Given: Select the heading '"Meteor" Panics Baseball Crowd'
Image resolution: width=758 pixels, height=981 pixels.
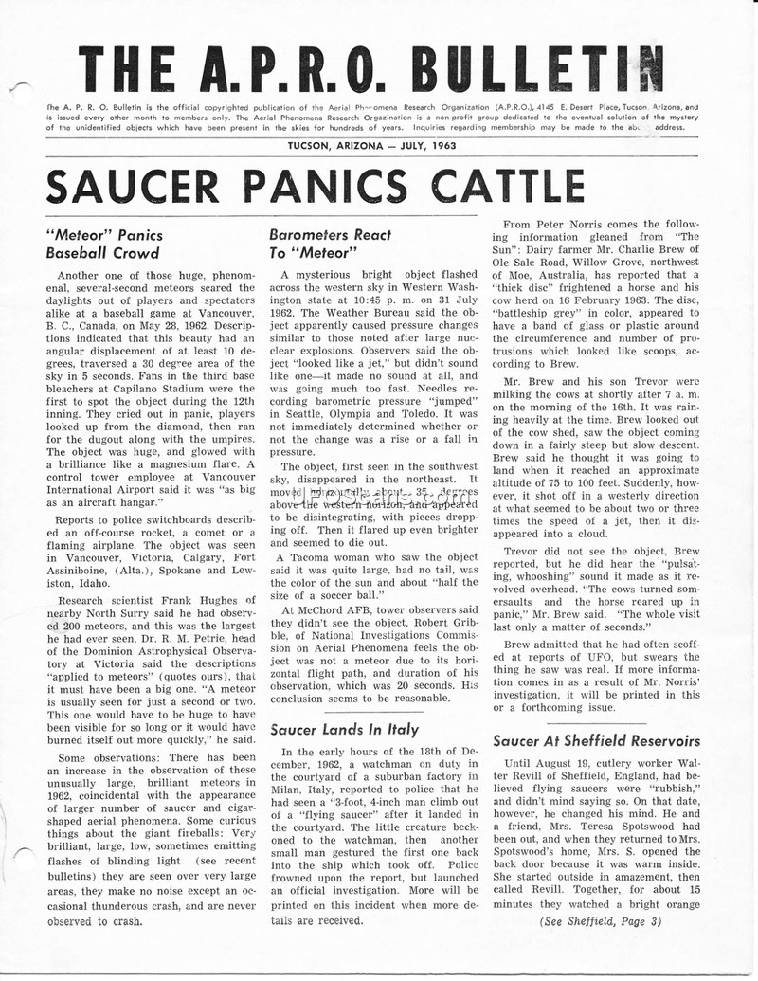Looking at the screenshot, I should click(x=104, y=244).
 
